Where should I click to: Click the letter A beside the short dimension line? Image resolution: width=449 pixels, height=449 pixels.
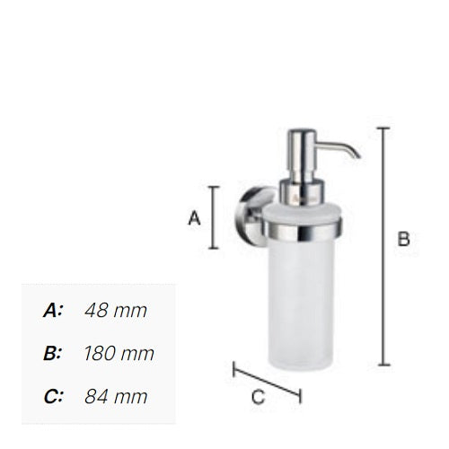pyautogui.click(x=193, y=217)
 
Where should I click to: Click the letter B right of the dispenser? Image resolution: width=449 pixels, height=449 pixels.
pyautogui.click(x=403, y=239)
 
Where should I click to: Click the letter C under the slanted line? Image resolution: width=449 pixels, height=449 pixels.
pyautogui.click(x=257, y=396)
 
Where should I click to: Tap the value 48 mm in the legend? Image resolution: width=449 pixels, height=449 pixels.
pyautogui.click(x=115, y=311)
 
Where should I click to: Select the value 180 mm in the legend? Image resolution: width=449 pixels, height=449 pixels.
pyautogui.click(x=119, y=353)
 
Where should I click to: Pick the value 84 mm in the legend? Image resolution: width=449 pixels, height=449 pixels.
pyautogui.click(x=115, y=395)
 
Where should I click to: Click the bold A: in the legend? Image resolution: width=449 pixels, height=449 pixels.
pyautogui.click(x=53, y=311)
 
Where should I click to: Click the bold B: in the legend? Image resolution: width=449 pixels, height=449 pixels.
pyautogui.click(x=53, y=353)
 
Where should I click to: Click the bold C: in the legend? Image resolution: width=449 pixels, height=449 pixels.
pyautogui.click(x=53, y=395)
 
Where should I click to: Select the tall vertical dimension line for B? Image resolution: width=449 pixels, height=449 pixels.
pyautogui.click(x=383, y=246)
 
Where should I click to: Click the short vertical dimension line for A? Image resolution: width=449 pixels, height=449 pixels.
pyautogui.click(x=214, y=217)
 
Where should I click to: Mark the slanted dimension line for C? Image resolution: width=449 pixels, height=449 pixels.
pyautogui.click(x=267, y=381)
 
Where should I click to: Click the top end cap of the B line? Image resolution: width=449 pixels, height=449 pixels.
pyautogui.click(x=383, y=128)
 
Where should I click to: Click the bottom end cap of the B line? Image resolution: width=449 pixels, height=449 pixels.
pyautogui.click(x=383, y=365)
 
